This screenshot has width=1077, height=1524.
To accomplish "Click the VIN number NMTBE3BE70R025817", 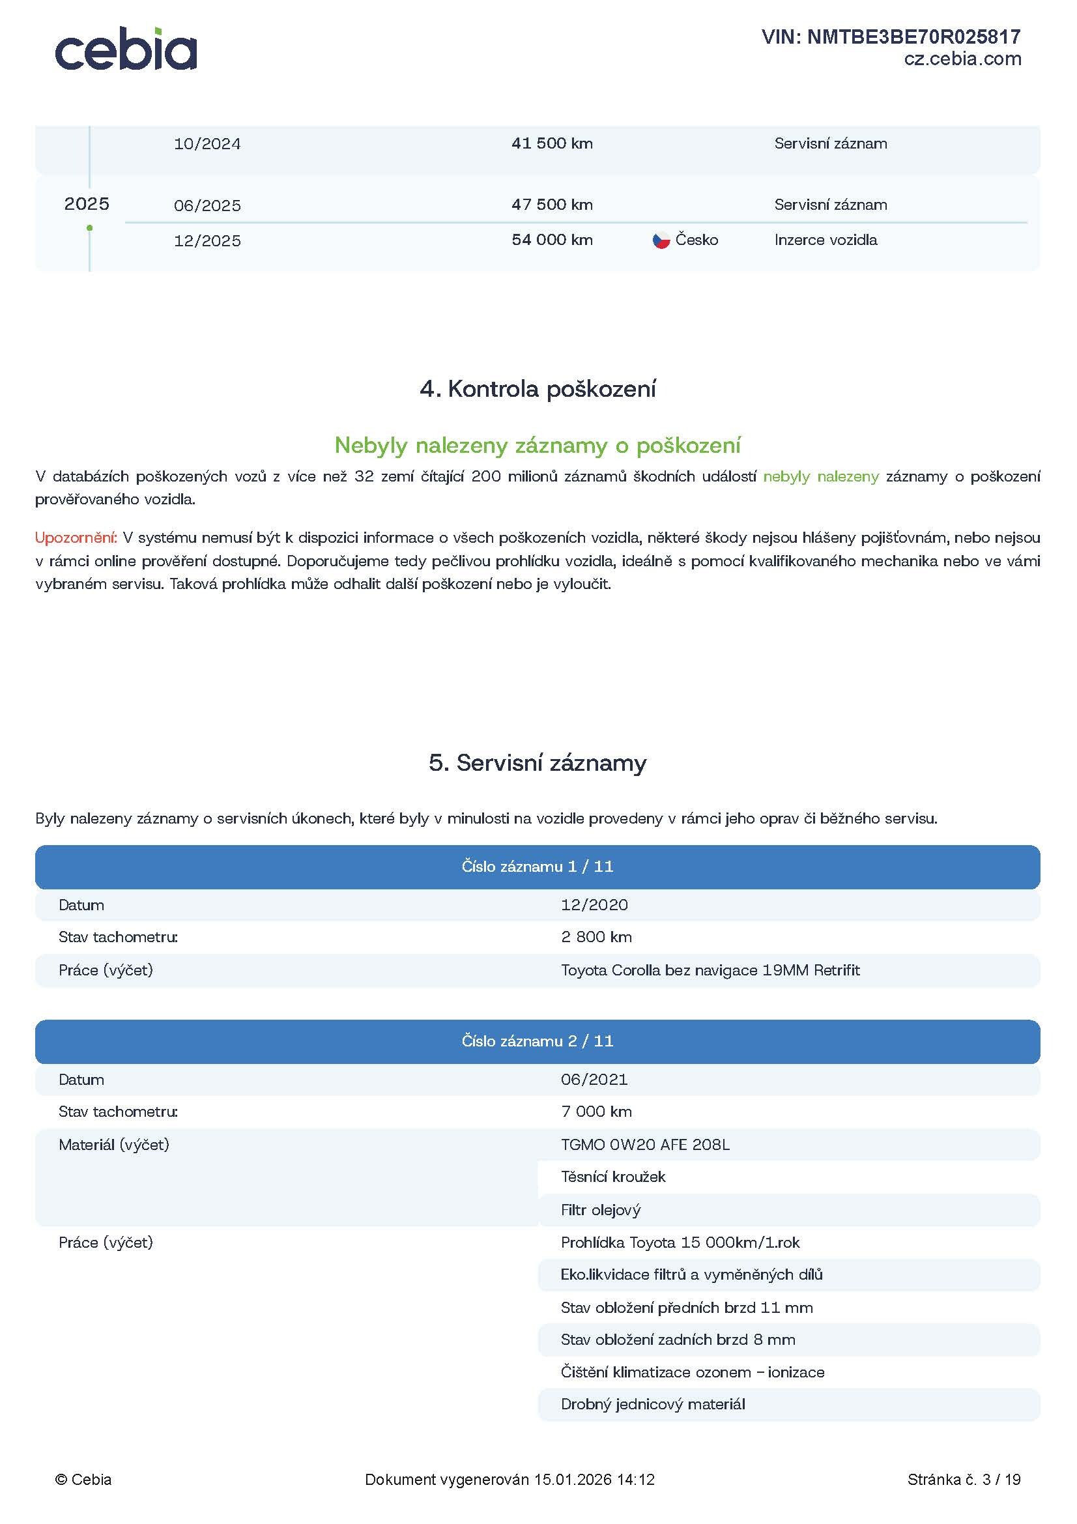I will pos(891,36).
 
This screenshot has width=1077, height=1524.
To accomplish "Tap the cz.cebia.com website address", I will pos(962,59).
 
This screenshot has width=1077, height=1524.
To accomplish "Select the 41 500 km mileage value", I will pos(551,143).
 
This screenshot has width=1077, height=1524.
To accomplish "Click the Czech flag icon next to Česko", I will pos(661,240).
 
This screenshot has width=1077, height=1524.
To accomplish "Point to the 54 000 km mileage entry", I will pos(551,240).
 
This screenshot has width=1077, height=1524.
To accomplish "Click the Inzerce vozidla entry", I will pos(825,240).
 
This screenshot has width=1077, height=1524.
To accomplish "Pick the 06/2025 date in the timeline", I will pos(207,206).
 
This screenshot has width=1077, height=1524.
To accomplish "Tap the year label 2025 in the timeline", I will pos(86,204).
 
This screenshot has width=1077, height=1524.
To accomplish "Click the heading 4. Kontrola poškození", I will pos(538,389).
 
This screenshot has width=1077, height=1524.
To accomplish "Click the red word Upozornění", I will pos(76,538).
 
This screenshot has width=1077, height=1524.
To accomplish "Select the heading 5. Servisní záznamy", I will pos(538,763).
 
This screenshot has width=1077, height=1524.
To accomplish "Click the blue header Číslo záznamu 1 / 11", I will pos(538,866).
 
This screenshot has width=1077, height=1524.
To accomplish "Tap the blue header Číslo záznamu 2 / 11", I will pos(538,1041).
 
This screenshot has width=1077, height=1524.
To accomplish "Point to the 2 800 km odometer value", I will pos(596,936).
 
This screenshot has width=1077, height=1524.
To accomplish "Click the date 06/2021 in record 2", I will pos(594,1079).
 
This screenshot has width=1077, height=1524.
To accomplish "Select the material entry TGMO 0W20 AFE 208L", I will pos(645,1144).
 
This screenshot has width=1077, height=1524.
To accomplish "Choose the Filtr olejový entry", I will pos(601,1210).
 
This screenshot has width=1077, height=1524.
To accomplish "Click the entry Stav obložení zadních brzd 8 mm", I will pos(678,1340).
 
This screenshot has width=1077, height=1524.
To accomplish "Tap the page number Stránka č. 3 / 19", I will pos(964,1480).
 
